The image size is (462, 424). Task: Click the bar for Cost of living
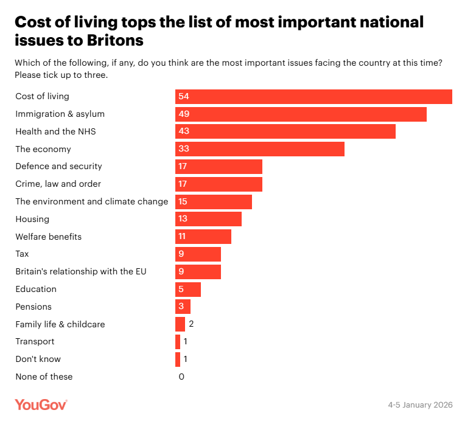tap(313, 97)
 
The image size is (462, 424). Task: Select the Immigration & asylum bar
tap(301, 114)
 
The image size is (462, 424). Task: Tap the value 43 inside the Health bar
tap(183, 131)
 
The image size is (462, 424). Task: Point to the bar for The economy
tap(260, 149)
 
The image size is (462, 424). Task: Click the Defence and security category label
tap(58, 166)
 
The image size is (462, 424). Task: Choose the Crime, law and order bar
tap(219, 184)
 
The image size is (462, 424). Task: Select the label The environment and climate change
tap(91, 201)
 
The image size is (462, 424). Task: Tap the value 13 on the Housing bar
tap(183, 219)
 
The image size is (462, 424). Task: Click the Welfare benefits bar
tap(203, 237)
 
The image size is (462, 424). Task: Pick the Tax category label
tap(22, 254)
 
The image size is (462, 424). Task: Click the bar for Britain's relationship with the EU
tap(198, 271)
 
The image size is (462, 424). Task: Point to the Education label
tap(36, 289)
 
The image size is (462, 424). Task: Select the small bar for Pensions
tap(183, 307)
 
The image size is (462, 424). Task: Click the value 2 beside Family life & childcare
tap(191, 324)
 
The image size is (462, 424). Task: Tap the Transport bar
tap(178, 342)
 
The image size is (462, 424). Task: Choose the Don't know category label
tap(38, 359)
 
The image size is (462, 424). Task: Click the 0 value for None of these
tap(181, 377)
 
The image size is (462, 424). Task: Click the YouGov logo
tap(41, 405)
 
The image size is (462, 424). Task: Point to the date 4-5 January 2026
tap(420, 405)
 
